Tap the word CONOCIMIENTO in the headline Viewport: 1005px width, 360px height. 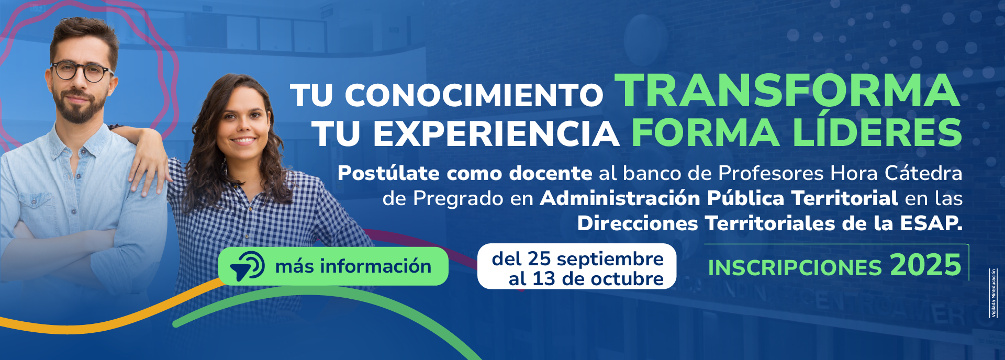coord(474,95)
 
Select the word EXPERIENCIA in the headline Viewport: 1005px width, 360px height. coord(496,134)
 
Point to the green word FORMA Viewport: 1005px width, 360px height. coord(705,133)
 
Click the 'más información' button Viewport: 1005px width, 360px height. coord(333,266)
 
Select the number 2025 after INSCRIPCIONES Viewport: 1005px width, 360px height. coord(925,265)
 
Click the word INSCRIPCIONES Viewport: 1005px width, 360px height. coord(795,268)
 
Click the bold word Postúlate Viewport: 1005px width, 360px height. coord(388,173)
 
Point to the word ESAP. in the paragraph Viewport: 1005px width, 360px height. coord(931,223)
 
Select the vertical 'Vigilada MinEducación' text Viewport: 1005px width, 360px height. coord(993,293)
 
